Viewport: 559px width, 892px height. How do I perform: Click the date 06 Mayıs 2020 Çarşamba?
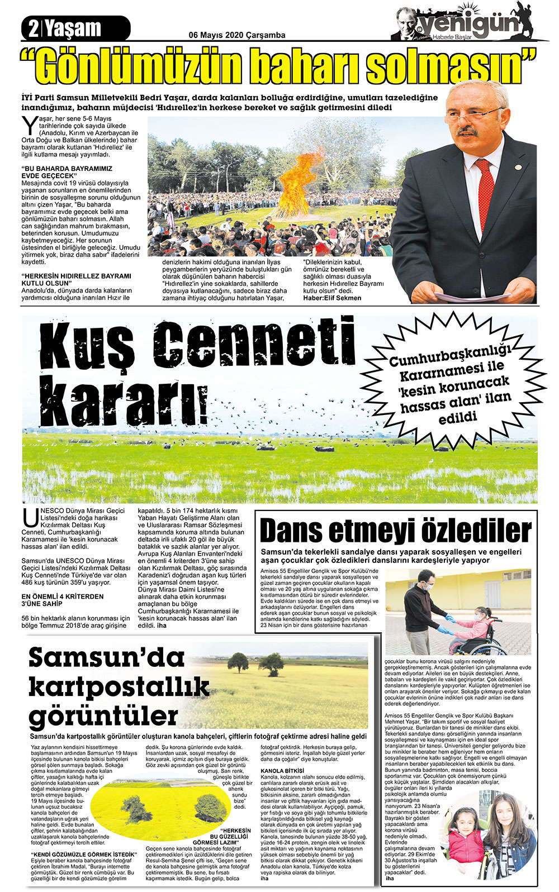(x=237, y=35)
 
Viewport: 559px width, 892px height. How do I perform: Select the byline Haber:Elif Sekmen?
(x=332, y=298)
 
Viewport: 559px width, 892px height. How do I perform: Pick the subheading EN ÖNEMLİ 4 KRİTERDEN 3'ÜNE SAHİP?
(x=62, y=600)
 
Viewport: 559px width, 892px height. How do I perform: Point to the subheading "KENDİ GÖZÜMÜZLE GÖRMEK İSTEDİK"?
(x=84, y=855)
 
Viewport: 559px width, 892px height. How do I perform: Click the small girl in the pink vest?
(x=466, y=836)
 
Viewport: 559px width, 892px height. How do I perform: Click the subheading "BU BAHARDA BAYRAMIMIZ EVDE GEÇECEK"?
(x=67, y=172)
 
